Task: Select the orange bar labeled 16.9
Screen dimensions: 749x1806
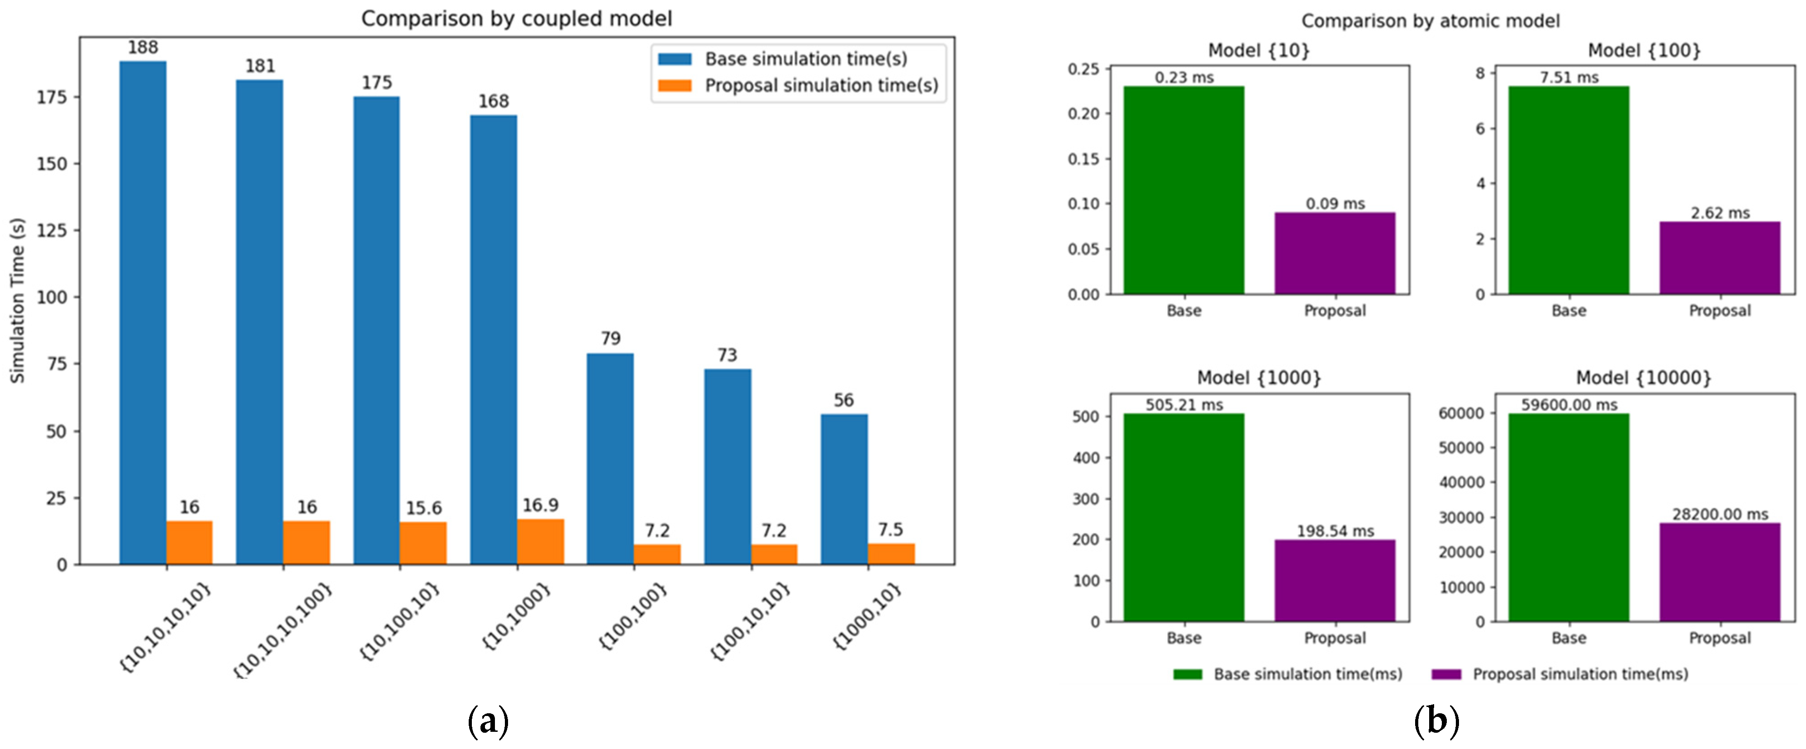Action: pyautogui.click(x=541, y=541)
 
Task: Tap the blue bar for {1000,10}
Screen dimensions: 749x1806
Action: pyautogui.click(x=844, y=489)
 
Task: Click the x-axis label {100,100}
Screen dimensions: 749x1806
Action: pyautogui.click(x=633, y=616)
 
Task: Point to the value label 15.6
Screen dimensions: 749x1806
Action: pyautogui.click(x=423, y=508)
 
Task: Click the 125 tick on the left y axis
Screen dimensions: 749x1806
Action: pyautogui.click(x=52, y=231)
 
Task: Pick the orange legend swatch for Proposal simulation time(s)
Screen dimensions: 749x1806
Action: pyautogui.click(x=675, y=85)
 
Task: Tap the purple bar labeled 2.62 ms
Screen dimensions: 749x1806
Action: pyautogui.click(x=1719, y=258)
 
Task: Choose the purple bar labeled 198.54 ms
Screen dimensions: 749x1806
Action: pyautogui.click(x=1335, y=580)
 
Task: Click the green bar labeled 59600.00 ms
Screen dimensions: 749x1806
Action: pyautogui.click(x=1568, y=517)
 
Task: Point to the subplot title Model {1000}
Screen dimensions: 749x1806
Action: pyautogui.click(x=1259, y=378)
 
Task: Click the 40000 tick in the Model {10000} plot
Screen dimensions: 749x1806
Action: pyautogui.click(x=1461, y=482)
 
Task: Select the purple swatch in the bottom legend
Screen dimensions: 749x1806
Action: pyautogui.click(x=1446, y=674)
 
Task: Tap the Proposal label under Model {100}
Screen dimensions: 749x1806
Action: pyautogui.click(x=1719, y=310)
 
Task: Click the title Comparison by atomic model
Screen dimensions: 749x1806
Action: pyautogui.click(x=1430, y=21)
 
